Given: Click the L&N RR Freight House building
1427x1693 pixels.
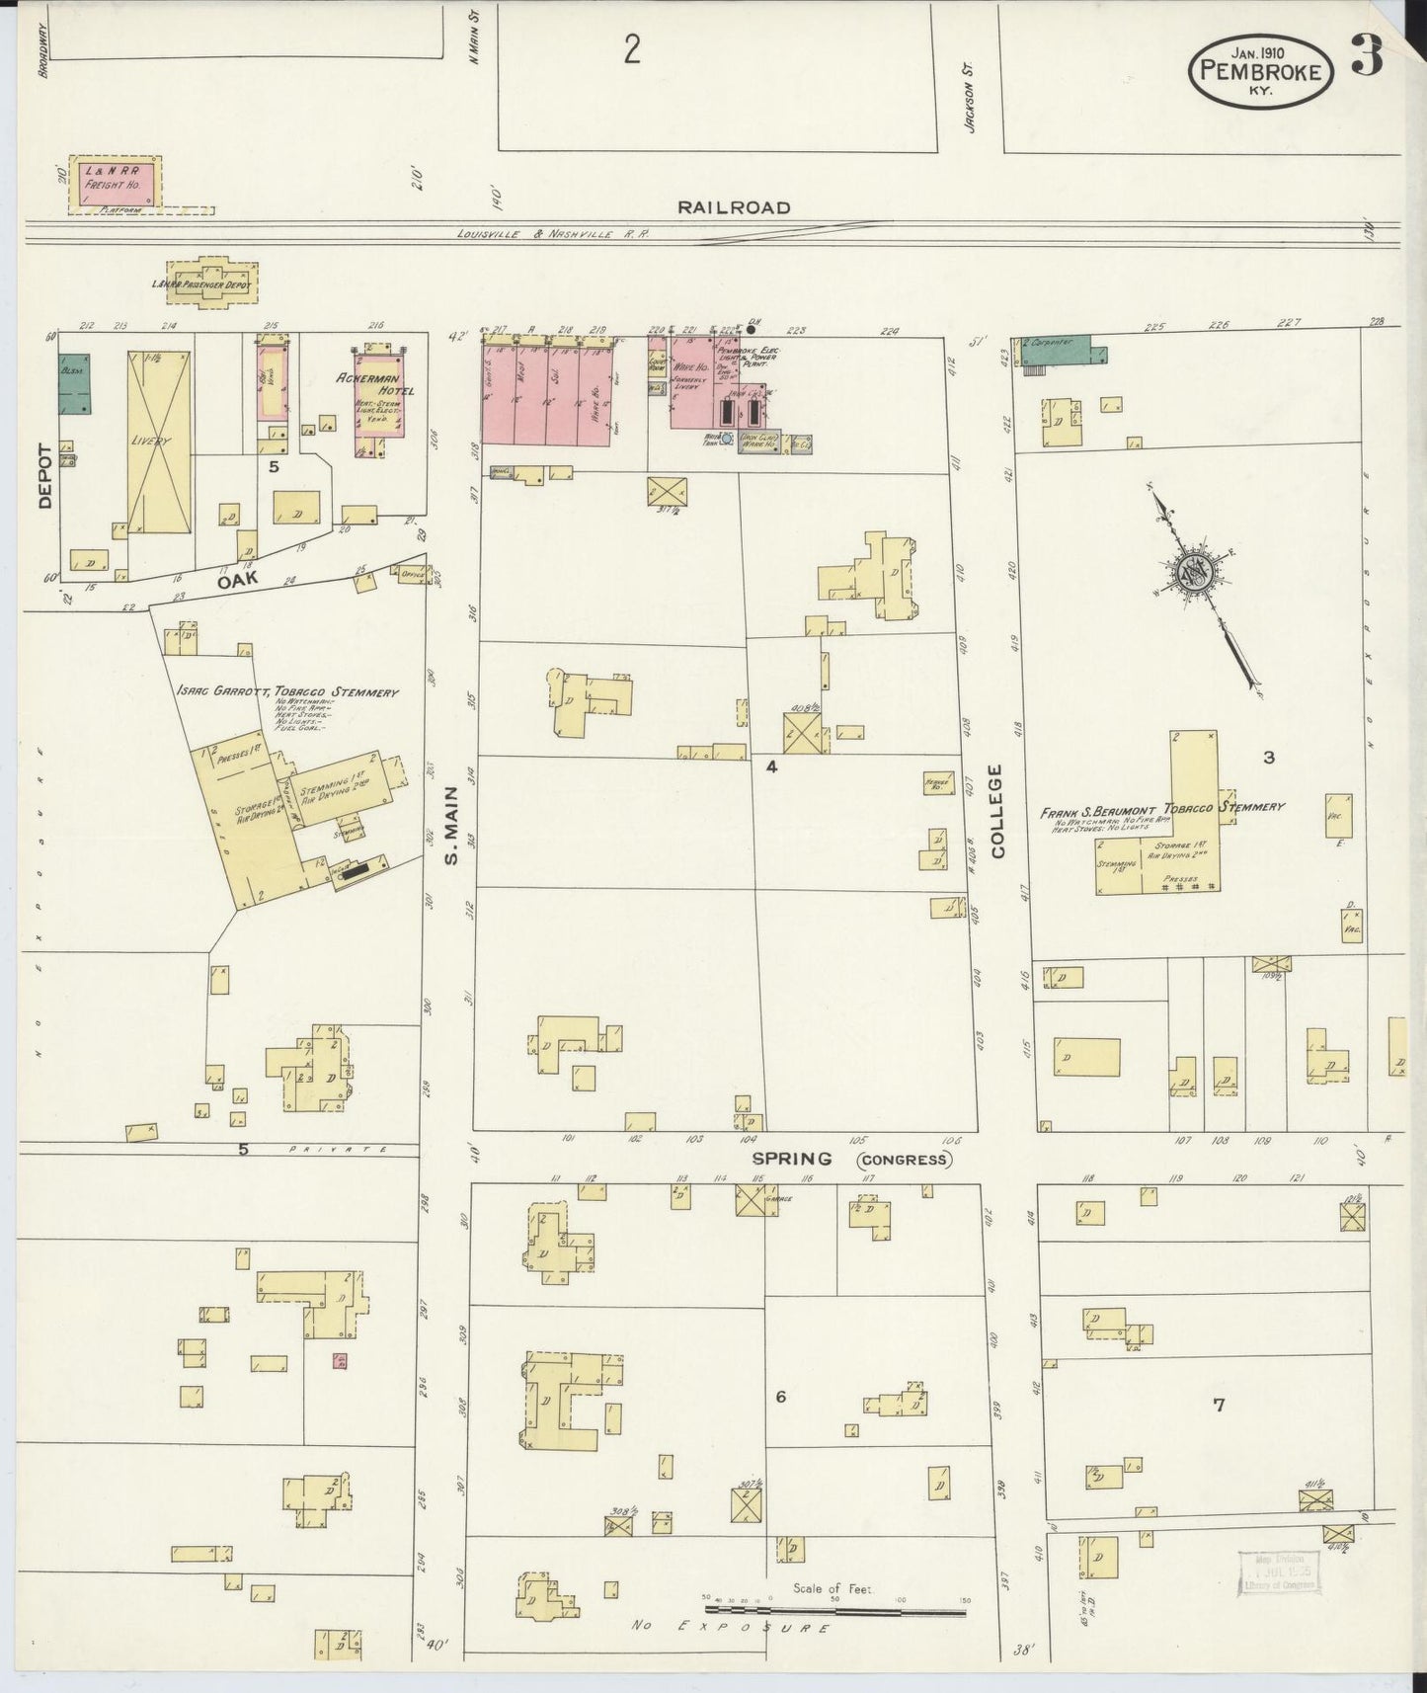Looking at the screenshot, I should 113,183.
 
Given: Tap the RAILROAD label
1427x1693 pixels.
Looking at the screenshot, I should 734,207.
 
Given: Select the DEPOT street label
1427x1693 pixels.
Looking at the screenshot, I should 44,475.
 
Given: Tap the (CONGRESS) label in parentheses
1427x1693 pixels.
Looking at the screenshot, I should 904,1160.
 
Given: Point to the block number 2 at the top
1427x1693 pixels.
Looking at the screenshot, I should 632,48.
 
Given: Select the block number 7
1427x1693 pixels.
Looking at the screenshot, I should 1220,1405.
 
